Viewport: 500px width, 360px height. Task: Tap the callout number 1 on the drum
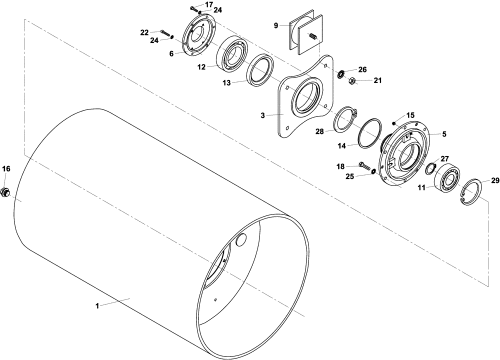click(x=98, y=305)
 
